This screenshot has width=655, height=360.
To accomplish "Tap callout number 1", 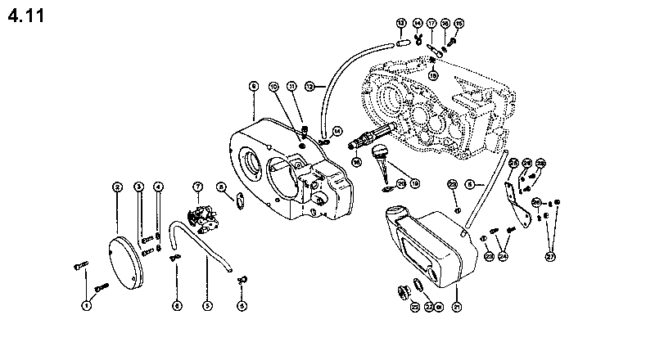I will pos(85,305).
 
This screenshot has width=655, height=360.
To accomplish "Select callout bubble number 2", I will pos(118,187).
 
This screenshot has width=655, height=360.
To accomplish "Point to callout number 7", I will pos(197,187).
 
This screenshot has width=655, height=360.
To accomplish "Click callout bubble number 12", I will pos(309,85).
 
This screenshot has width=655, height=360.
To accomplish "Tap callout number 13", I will pos(401,22).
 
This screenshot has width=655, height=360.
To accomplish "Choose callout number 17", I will pos(431,23).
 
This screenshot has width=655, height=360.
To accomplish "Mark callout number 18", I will pos(433,74).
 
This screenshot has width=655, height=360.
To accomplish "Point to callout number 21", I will pos(457,307).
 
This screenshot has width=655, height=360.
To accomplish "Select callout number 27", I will pos(550,256).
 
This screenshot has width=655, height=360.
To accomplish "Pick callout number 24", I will pos(503,256).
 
